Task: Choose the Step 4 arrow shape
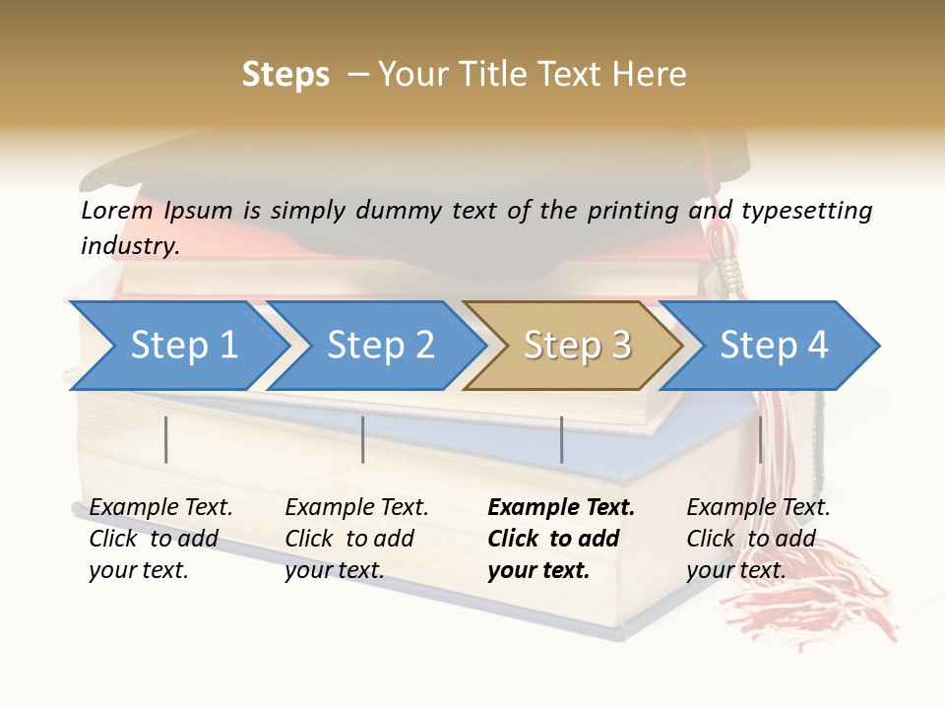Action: pyautogui.click(x=774, y=346)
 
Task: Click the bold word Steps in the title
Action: pyautogui.click(x=285, y=75)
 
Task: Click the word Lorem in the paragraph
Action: pyautogui.click(x=117, y=210)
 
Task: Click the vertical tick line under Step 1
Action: pyautogui.click(x=166, y=439)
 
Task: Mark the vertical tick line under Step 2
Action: pyautogui.click(x=363, y=439)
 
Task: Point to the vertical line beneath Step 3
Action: pyautogui.click(x=561, y=439)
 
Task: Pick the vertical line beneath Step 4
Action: pyautogui.click(x=760, y=439)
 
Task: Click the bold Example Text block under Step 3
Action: pyautogui.click(x=561, y=539)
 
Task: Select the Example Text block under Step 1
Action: pyautogui.click(x=160, y=539)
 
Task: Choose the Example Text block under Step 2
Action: pyautogui.click(x=356, y=539)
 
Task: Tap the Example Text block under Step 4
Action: pyautogui.click(x=758, y=539)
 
